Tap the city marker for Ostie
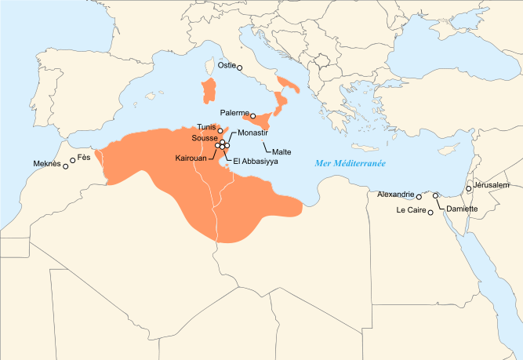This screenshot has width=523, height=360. [240, 68]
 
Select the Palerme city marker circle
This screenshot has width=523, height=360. [252, 116]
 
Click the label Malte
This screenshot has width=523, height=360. [281, 151]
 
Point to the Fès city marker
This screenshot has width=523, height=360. [73, 160]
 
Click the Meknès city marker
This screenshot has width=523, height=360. [65, 165]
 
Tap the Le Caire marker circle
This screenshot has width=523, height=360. [430, 213]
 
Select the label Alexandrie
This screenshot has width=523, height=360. [395, 194]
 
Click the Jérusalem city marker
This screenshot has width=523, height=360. [468, 189]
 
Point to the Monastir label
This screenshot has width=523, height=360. [252, 133]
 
